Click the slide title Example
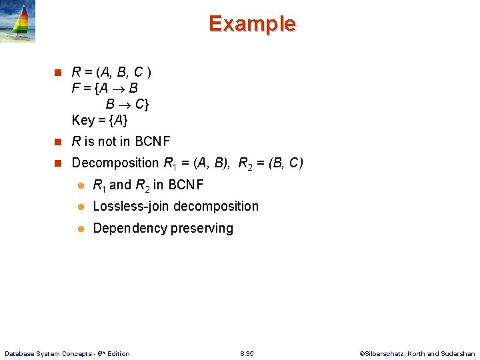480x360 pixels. (252, 24)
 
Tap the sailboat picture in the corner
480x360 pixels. (17, 21)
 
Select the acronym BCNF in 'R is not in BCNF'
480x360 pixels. (153, 141)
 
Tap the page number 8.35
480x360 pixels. (247, 353)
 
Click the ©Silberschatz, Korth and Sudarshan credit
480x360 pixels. (417, 353)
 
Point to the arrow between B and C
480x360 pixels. (125, 104)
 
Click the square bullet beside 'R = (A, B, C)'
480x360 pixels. (58, 71)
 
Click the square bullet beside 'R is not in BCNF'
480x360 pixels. (58, 141)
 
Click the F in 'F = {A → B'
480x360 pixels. (76, 88)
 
